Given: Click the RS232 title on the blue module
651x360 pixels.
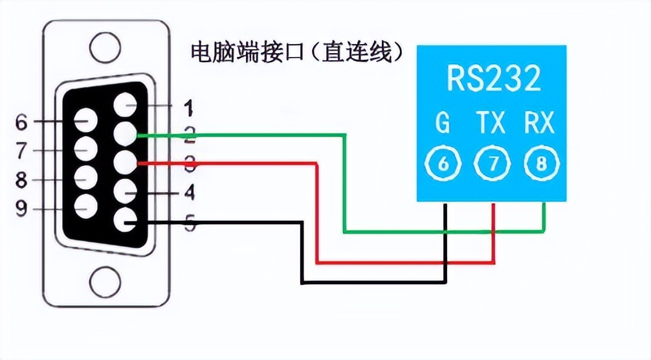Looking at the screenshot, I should pyautogui.click(x=493, y=78).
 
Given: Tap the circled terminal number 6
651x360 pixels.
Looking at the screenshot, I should pyautogui.click(x=444, y=165).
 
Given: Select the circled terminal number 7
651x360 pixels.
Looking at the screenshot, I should pyautogui.click(x=492, y=165).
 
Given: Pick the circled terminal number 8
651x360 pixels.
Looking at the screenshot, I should pyautogui.click(x=541, y=165).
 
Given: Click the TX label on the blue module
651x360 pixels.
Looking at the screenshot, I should pyautogui.click(x=491, y=122).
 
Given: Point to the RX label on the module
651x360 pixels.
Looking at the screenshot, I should pyautogui.click(x=540, y=122).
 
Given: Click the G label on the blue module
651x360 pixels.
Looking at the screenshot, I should pyautogui.click(x=443, y=122).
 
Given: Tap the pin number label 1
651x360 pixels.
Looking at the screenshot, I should pyautogui.click(x=188, y=106).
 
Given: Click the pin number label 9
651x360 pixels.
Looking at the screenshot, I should pyautogui.click(x=21, y=208).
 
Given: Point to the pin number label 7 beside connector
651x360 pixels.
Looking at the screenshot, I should pyautogui.click(x=21, y=151).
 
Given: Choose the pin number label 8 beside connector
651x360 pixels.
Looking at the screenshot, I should pyautogui.click(x=21, y=179).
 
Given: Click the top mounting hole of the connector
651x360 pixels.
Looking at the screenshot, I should pyautogui.click(x=105, y=47).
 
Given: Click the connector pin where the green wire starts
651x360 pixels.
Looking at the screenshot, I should pyautogui.click(x=126, y=135).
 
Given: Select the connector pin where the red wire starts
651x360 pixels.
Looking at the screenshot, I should pyautogui.click(x=126, y=163).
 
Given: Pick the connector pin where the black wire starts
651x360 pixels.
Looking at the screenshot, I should pyautogui.click(x=126, y=222).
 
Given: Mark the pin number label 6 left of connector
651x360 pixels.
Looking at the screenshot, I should pyautogui.click(x=21, y=121).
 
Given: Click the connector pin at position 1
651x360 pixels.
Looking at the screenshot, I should pyautogui.click(x=126, y=106).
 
